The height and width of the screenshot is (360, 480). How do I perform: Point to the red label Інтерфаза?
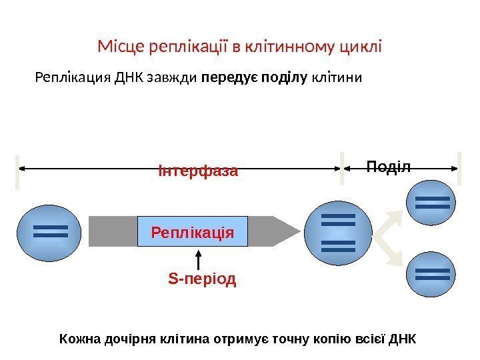198,171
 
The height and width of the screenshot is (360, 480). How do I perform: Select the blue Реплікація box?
192,231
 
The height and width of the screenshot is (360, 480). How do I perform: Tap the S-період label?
202,279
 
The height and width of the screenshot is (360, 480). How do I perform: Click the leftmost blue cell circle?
50,231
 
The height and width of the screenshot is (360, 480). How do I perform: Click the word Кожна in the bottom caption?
79,338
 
